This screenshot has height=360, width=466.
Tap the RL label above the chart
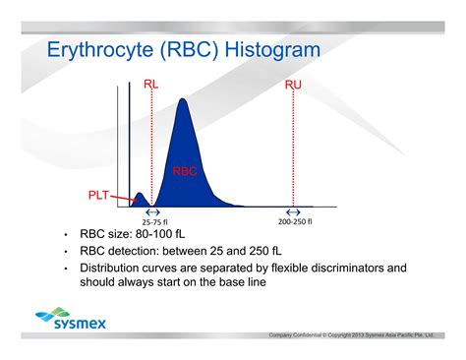point(151,86)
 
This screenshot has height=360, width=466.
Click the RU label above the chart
point(293,86)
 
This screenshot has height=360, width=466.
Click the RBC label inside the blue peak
point(185,171)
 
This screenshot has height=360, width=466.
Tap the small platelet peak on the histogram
point(139,201)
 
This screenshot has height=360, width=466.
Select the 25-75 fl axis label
point(152,222)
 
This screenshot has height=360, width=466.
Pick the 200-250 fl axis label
point(294,222)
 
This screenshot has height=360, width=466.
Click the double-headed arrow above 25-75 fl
point(152,212)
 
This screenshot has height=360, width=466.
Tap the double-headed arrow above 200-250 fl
point(293,212)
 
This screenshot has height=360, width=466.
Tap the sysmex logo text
point(82,323)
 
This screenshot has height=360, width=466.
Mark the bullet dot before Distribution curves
point(65,268)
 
